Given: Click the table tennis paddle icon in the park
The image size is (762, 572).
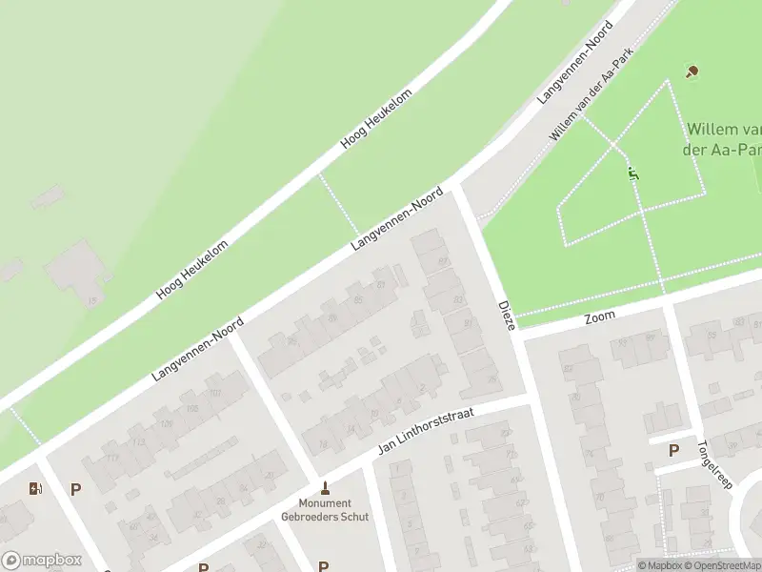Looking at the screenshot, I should (x=692, y=71).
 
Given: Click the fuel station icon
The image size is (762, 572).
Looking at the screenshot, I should (x=36, y=489).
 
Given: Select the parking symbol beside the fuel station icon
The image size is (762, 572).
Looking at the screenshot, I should (x=75, y=489).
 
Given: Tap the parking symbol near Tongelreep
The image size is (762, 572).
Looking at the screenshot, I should (x=674, y=451).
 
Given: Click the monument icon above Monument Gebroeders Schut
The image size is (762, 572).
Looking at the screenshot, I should (x=324, y=486).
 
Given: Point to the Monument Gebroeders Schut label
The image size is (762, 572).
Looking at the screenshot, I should (x=324, y=510).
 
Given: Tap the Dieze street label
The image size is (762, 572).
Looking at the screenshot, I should (x=507, y=316).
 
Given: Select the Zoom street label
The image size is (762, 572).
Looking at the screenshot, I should (x=600, y=316).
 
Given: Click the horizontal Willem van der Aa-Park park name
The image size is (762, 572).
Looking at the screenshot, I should (x=724, y=138).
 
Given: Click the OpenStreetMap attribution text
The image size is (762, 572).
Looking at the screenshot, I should (x=718, y=565).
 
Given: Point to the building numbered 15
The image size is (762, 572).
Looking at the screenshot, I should (x=92, y=302).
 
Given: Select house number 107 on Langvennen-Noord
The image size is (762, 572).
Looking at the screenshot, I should (x=215, y=393).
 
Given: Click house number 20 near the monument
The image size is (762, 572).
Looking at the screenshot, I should (x=271, y=474).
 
